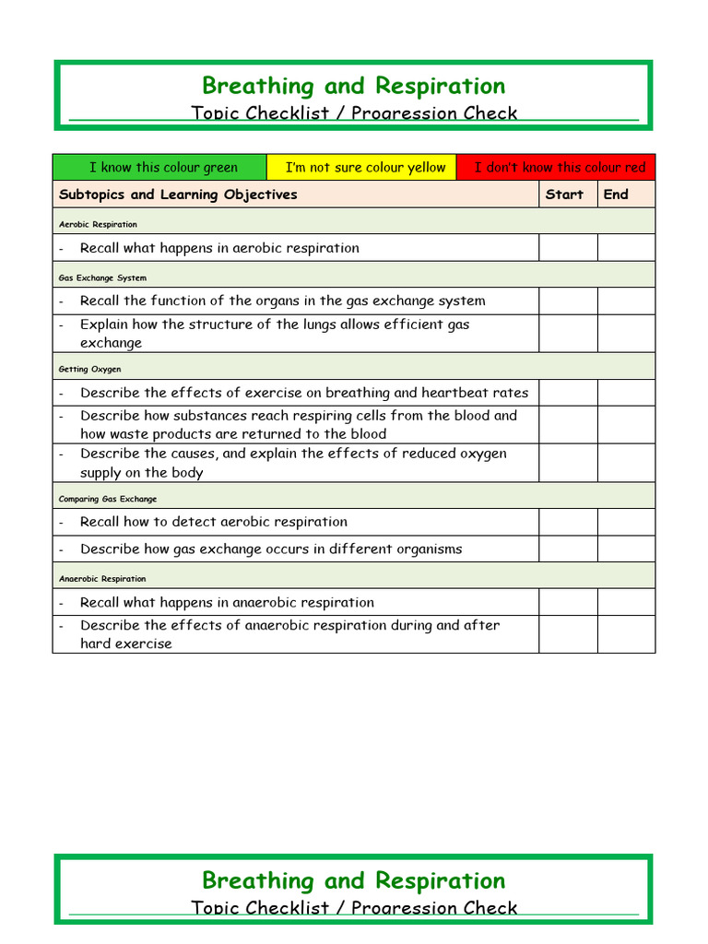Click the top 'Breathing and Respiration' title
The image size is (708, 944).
coord(353,86)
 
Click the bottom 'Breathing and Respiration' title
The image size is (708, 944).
coord(353,880)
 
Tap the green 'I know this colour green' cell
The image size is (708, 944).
coord(160,168)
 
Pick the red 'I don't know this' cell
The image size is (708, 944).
coord(556,168)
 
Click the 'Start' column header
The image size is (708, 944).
coord(564,195)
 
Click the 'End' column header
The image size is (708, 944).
coord(616,195)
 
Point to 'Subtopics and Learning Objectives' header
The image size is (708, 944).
coord(178,195)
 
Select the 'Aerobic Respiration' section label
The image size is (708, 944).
coord(98,224)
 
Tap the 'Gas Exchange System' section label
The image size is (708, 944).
coord(102,277)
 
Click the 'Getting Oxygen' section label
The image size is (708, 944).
coord(89,370)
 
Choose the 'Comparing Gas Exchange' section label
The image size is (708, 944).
coord(108,499)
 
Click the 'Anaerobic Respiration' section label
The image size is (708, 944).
coord(102,579)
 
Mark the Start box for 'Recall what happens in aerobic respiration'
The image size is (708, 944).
coord(568,248)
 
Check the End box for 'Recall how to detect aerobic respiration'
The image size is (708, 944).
coord(627,522)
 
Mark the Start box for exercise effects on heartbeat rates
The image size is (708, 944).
coord(568,393)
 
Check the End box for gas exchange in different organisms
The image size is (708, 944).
coord(627,549)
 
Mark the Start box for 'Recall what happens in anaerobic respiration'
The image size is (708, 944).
coord(568,602)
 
